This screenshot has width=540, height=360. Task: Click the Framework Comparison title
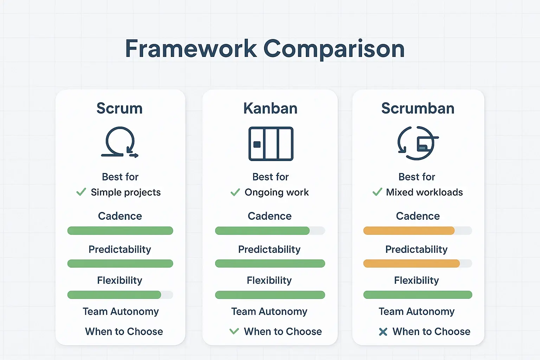(265, 49)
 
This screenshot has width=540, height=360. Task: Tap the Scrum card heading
(120, 108)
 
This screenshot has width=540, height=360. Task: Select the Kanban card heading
(270, 108)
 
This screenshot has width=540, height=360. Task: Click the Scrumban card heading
(418, 108)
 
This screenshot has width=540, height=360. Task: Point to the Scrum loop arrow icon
(120, 142)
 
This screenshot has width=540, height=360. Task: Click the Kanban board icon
(271, 144)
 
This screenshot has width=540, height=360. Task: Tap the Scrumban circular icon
(418, 143)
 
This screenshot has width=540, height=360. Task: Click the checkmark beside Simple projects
(81, 192)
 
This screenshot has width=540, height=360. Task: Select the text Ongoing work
(277, 192)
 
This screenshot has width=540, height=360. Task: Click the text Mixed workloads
(424, 192)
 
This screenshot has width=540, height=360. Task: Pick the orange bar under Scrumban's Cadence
(409, 231)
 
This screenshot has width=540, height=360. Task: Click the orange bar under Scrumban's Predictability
(411, 263)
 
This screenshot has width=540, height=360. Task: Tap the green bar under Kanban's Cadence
(262, 231)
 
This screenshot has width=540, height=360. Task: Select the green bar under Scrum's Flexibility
(114, 295)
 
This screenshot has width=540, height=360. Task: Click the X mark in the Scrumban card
(383, 332)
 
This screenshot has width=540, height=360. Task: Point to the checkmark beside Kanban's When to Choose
(234, 331)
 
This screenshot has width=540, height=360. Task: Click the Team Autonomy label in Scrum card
(121, 311)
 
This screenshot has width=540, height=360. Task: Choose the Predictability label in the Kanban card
(269, 249)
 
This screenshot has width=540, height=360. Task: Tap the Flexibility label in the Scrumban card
(417, 280)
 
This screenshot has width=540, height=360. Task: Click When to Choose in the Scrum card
(124, 332)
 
